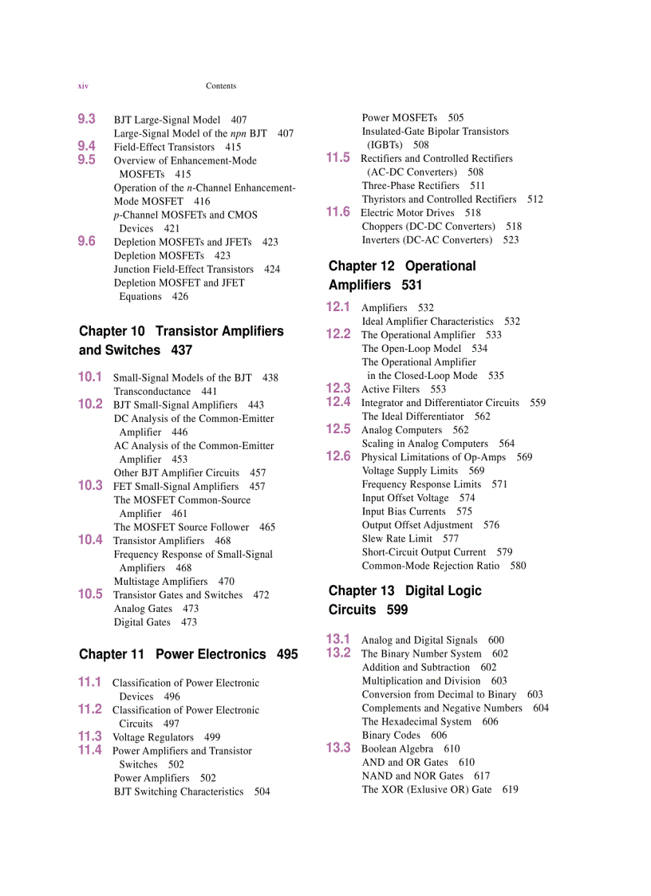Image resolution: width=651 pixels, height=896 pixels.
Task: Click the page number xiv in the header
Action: [83, 86]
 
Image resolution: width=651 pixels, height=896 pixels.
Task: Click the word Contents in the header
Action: [221, 86]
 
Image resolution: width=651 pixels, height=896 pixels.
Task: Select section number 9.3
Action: [87, 119]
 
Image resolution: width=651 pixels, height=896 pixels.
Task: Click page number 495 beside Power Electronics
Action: [287, 654]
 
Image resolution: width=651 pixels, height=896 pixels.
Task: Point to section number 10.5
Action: [90, 594]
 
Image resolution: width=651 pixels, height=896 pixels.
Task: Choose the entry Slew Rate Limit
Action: [397, 539]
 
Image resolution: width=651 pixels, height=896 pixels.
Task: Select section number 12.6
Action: [338, 456]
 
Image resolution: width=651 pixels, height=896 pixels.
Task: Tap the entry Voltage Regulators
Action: [153, 737]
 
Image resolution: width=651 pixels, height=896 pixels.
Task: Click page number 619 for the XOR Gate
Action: [511, 789]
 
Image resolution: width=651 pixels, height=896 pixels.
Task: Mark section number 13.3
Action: [338, 748]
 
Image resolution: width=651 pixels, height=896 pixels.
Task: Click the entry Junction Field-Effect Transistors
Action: [183, 269]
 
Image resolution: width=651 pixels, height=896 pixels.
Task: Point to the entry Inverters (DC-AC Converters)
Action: [427, 239]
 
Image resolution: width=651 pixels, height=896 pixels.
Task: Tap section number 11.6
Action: [338, 211]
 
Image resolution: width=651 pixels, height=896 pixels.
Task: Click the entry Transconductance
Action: [152, 391]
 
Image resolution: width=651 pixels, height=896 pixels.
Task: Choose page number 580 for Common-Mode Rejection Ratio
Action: [519, 566]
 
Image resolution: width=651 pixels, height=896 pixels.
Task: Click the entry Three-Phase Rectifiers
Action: [411, 185]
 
